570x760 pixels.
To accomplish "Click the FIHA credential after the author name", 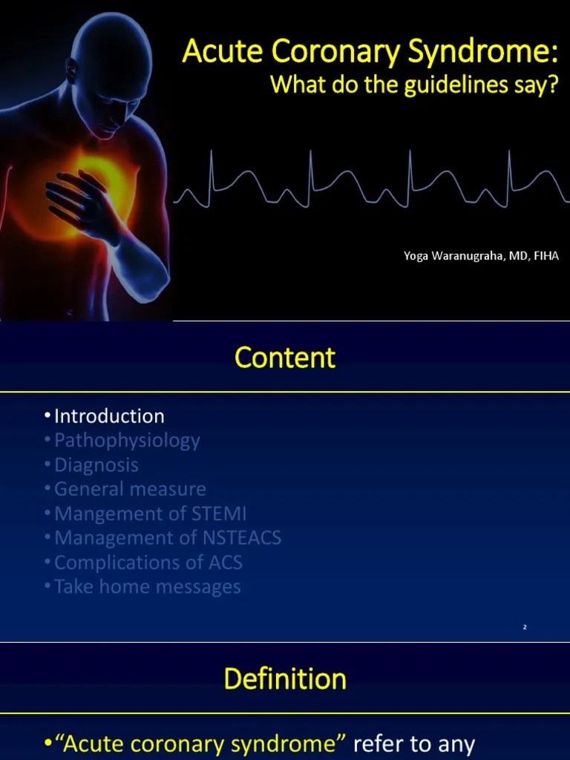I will click(544, 256).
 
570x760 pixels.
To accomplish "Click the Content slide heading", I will click(285, 358).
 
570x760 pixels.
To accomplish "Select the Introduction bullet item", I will click(109, 416).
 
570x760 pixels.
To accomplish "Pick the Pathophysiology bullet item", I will click(127, 440).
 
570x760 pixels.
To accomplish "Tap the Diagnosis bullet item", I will click(96, 465).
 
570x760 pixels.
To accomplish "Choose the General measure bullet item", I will click(130, 489).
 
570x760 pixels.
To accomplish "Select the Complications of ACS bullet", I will click(148, 563).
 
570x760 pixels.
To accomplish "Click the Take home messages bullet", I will click(148, 587).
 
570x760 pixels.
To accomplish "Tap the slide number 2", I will click(525, 628).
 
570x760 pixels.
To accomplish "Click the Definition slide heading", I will click(285, 679).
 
